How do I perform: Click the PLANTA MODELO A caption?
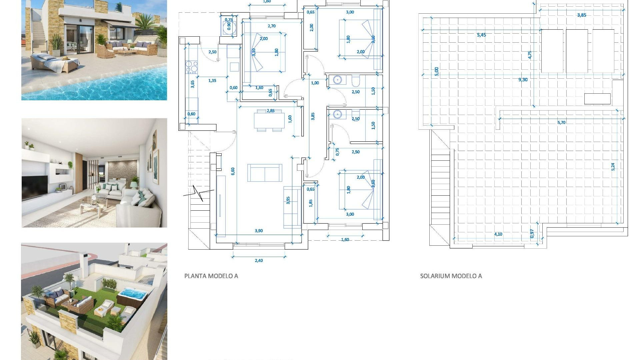click(x=211, y=276)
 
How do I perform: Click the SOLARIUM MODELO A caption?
click(x=451, y=276)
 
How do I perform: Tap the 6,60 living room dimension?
click(x=233, y=171)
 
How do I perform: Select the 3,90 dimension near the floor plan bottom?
click(x=259, y=231)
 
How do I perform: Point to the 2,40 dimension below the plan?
click(x=259, y=261)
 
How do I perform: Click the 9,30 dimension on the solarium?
click(x=523, y=80)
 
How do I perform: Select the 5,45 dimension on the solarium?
click(x=481, y=35)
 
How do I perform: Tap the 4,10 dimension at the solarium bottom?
click(x=498, y=234)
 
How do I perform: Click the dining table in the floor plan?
click(x=269, y=121)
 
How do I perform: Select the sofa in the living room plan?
click(x=265, y=173)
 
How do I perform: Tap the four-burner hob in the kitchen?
click(x=192, y=67)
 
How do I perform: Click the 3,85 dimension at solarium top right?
click(x=581, y=15)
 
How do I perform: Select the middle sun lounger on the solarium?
click(x=577, y=51)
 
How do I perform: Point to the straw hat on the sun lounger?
click(x=65, y=59)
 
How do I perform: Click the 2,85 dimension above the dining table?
click(x=270, y=111)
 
